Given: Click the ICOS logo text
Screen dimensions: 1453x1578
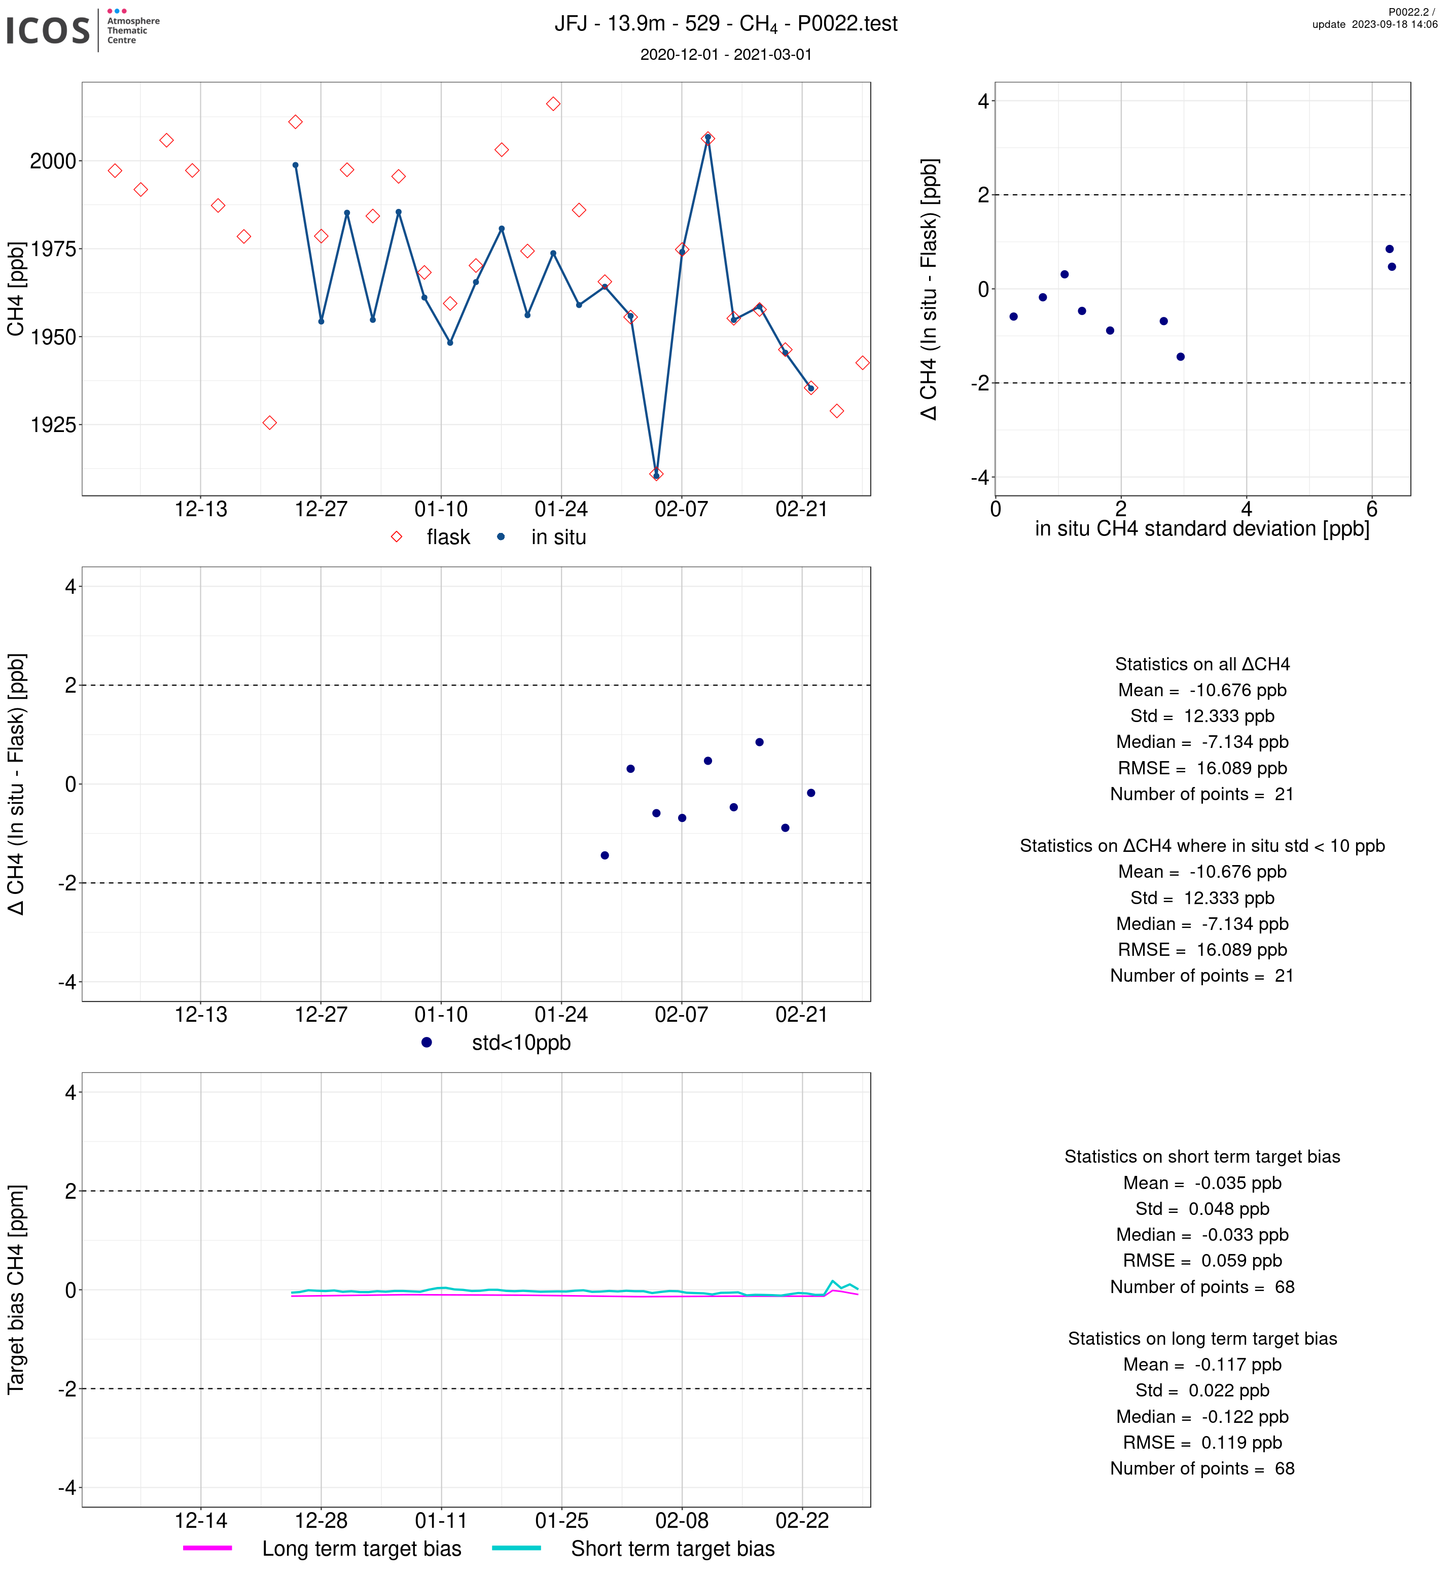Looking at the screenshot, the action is [48, 30].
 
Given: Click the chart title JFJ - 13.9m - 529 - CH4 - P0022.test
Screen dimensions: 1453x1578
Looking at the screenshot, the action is [726, 24].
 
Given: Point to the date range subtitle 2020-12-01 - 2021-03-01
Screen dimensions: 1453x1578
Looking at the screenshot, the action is [726, 54].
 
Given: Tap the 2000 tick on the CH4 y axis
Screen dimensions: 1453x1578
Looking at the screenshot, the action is [53, 161].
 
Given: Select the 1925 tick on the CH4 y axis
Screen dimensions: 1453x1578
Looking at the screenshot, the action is [53, 425].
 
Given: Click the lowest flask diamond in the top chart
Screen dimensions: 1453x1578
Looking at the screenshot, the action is [657, 474].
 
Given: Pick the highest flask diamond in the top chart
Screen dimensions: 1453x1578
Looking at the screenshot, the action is [553, 104].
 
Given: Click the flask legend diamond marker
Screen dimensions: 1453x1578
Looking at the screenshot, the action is [396, 537].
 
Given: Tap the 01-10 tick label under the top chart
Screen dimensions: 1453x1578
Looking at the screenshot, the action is [441, 510].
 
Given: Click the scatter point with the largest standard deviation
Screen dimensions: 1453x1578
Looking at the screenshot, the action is [1392, 267].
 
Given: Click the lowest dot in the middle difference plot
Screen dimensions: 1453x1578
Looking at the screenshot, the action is [605, 855].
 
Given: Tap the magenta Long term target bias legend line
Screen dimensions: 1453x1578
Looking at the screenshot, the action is [207, 1548].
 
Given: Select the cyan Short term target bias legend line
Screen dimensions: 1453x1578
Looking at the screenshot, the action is [517, 1548].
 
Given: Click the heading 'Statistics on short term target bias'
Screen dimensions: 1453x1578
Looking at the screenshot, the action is [1202, 1157].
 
